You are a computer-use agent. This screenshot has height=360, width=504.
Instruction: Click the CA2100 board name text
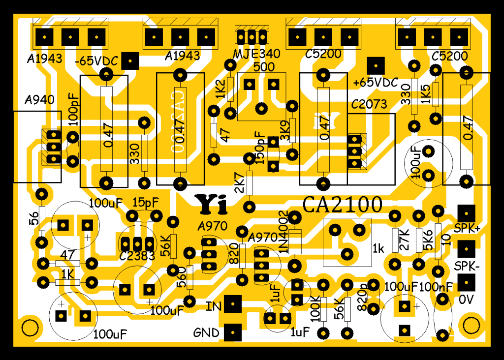pos(342,204)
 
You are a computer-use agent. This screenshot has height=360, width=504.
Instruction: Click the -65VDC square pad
pos(130,61)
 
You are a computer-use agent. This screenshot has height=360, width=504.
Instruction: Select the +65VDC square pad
pos(376,64)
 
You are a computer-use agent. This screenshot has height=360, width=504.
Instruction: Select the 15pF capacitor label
pos(146,202)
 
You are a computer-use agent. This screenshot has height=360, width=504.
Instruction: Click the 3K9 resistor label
pos(284,132)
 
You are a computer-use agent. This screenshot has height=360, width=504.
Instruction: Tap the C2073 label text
pos(369,104)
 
